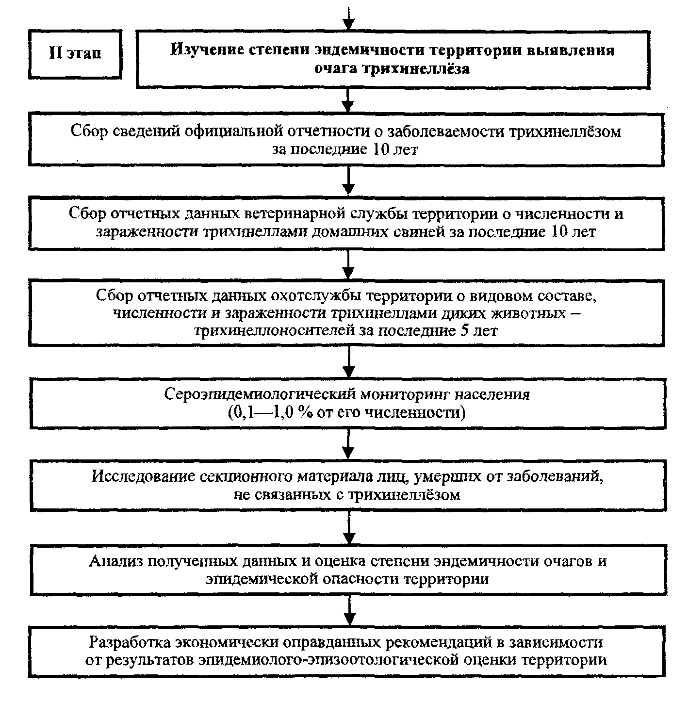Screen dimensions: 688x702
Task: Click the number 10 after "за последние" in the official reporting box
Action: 381,150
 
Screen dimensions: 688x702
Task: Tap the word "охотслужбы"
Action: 315,296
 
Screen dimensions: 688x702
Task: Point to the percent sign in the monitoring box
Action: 306,413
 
